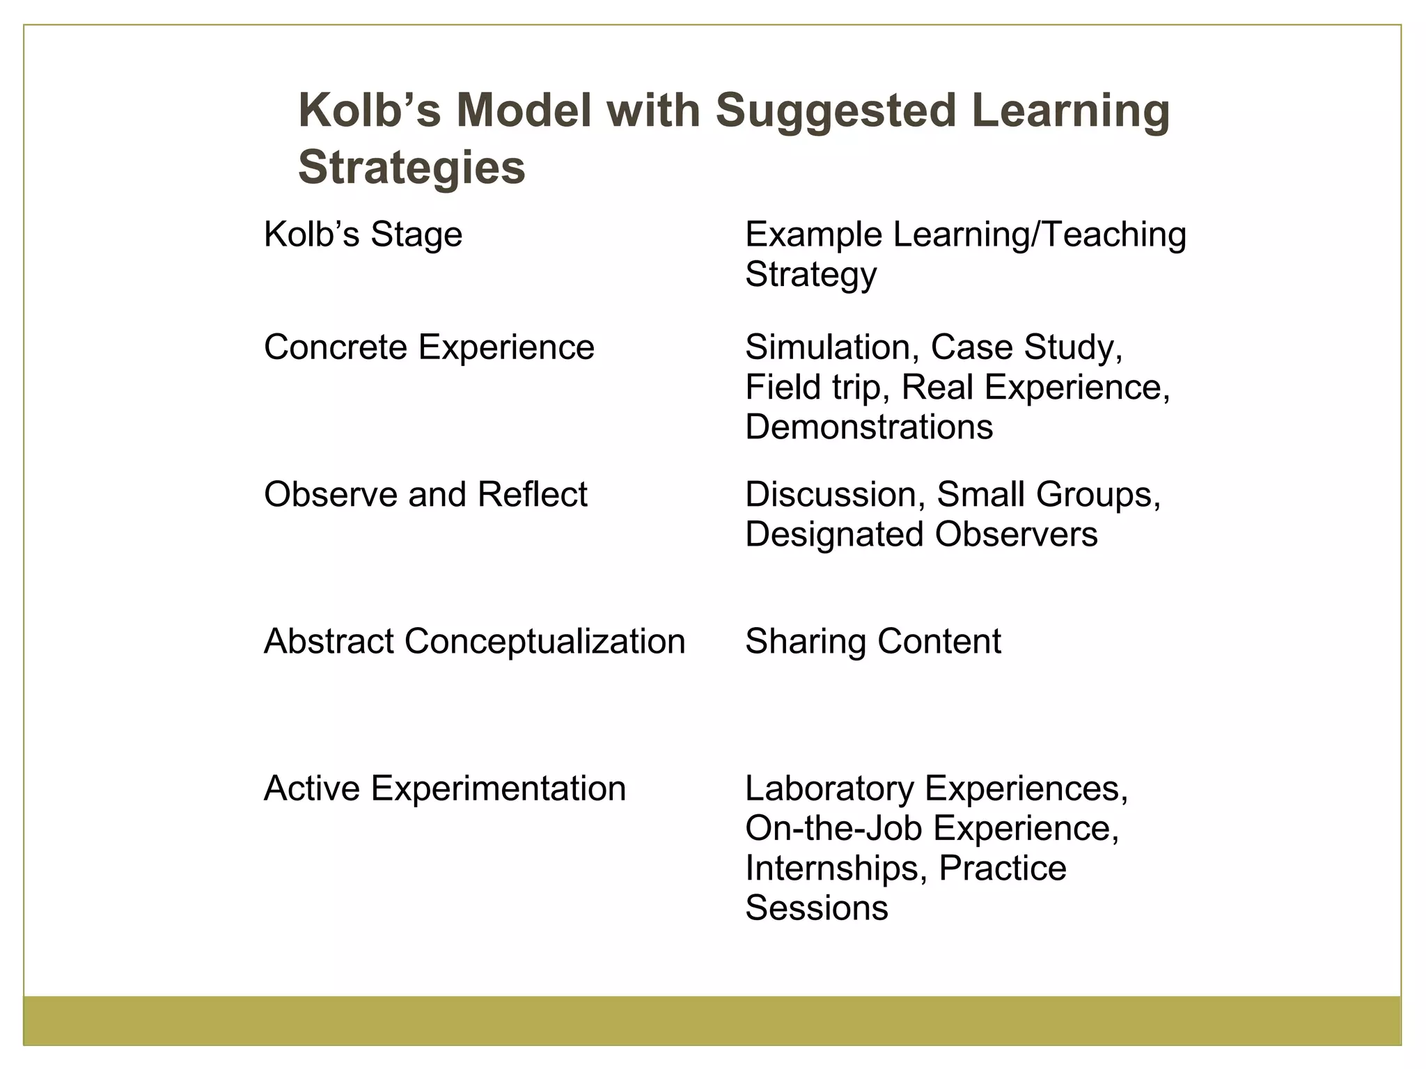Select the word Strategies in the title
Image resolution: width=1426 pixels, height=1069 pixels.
[x=412, y=168]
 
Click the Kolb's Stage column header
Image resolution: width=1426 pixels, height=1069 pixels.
[x=363, y=235]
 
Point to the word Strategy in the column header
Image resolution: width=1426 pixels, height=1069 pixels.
[x=810, y=274]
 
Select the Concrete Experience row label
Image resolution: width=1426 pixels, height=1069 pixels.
[x=429, y=347]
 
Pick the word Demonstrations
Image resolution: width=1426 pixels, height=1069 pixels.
[x=869, y=427]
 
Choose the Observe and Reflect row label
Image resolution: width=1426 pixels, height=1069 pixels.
[x=425, y=495]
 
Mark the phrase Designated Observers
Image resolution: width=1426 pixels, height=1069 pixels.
[x=921, y=534]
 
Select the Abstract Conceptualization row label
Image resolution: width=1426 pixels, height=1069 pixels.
[x=475, y=642]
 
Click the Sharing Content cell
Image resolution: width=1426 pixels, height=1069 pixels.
[x=873, y=642]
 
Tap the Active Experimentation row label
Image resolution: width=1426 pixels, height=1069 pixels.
[x=445, y=789]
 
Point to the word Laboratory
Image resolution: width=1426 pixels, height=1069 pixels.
[x=829, y=789]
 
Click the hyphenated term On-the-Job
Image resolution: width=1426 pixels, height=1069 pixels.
[x=833, y=829]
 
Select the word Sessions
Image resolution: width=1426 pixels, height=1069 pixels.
[x=817, y=908]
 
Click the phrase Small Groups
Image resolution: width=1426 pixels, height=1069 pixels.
[x=1048, y=495]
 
